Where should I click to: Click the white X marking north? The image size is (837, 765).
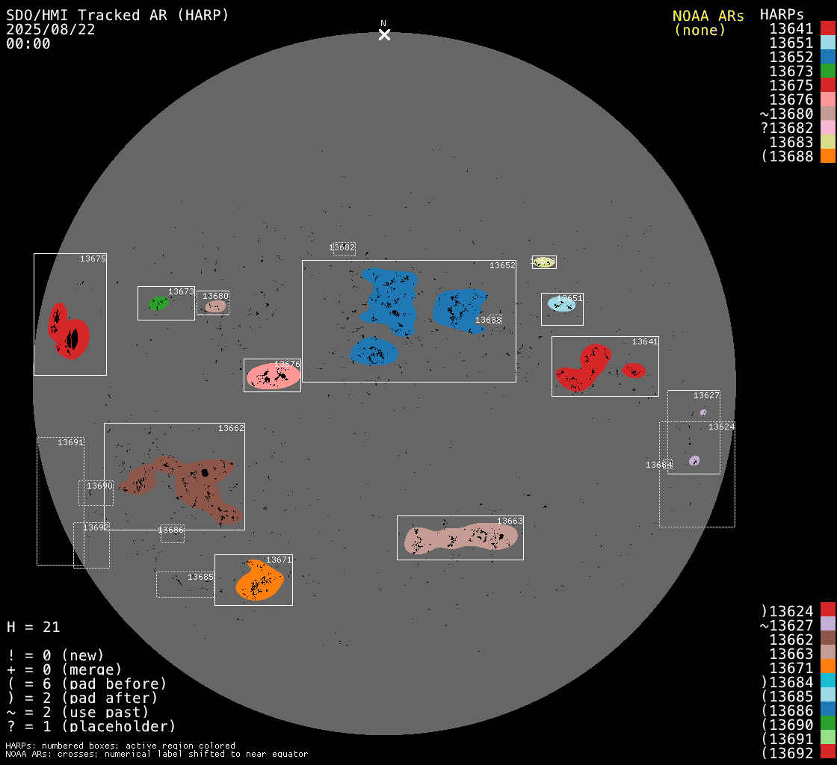click(384, 34)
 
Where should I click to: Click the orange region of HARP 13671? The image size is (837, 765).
click(258, 580)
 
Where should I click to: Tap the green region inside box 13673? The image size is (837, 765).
click(158, 303)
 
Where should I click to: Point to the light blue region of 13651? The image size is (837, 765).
click(560, 304)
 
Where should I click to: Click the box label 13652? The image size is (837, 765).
click(502, 265)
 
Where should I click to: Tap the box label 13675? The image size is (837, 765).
click(93, 258)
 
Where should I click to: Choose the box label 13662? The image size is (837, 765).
click(231, 428)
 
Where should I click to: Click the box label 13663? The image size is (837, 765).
click(510, 521)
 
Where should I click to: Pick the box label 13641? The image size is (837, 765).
click(645, 341)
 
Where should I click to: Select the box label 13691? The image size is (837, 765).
click(70, 442)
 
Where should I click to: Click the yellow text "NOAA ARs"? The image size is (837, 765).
click(708, 16)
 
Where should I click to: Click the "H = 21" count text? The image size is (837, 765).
click(34, 627)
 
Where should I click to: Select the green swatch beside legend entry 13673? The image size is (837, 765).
click(827, 71)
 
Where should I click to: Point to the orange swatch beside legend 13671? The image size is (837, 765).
click(827, 667)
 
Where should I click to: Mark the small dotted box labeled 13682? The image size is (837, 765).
click(344, 249)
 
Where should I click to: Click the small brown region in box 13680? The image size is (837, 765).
click(215, 306)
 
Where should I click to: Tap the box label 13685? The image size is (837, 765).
click(200, 577)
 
